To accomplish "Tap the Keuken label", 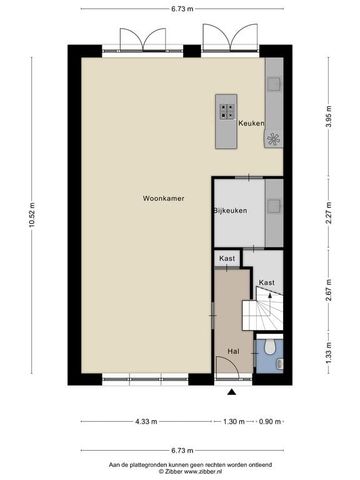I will coord(250,123).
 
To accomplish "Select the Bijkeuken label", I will coord(229,212).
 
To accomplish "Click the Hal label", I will coord(233,351).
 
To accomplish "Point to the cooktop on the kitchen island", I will coord(225,111).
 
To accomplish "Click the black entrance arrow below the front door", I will coord(231,393).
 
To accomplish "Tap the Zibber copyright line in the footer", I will coord(179,472).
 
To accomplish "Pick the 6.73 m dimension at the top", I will coord(179,9).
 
